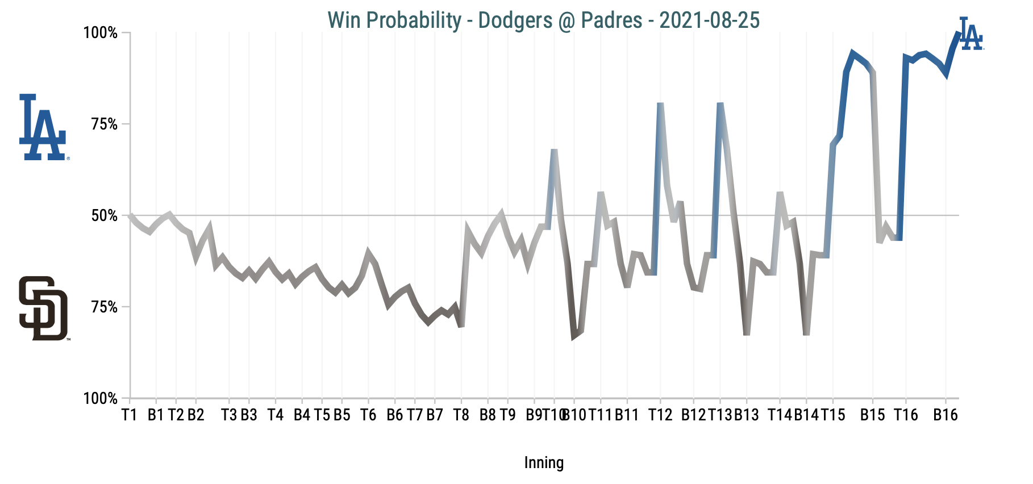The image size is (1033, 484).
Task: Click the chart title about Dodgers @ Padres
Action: click(x=543, y=20)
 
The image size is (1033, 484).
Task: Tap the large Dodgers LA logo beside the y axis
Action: click(x=43, y=127)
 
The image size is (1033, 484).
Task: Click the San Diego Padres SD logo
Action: click(x=43, y=308)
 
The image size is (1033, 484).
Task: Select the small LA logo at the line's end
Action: click(x=970, y=34)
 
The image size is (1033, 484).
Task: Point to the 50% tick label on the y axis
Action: click(x=104, y=216)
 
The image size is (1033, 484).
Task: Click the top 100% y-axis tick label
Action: click(x=101, y=33)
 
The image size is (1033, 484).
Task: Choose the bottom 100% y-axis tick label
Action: click(x=101, y=399)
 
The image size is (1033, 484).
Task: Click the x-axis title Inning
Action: click(x=544, y=463)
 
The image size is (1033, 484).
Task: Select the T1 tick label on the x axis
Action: click(x=130, y=415)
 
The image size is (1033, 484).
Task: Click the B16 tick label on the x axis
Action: click(x=945, y=415)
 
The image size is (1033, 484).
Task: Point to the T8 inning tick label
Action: click(x=461, y=415)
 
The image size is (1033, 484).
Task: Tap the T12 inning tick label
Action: click(x=660, y=415)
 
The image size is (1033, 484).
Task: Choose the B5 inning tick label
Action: click(x=341, y=415)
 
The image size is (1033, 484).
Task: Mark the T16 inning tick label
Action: click(x=906, y=415)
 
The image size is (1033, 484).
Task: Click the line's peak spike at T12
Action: click(x=660, y=104)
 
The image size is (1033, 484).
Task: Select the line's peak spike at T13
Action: click(x=720, y=104)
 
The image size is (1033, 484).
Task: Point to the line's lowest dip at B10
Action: click(x=574, y=337)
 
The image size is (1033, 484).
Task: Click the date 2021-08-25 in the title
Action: click(x=709, y=20)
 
